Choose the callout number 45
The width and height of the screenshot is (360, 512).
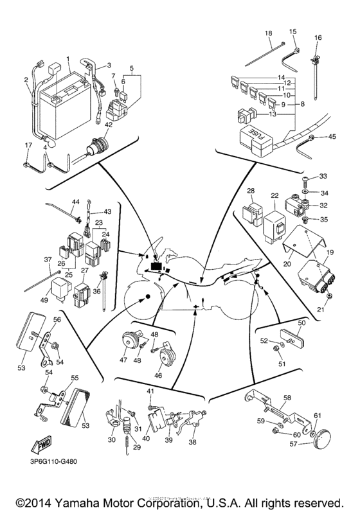(x=332, y=136)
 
